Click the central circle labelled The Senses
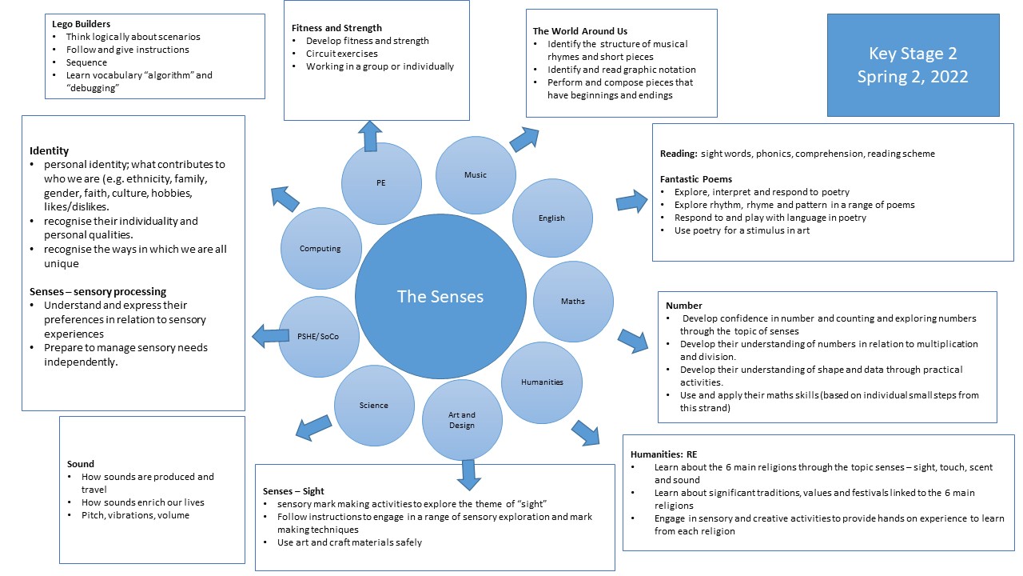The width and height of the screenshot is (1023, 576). tap(440, 297)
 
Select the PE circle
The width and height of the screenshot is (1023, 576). tap(381, 183)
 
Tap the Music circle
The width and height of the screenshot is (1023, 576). tap(475, 175)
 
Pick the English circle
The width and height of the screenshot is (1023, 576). tap(551, 218)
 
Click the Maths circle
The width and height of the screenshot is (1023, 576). tap(572, 302)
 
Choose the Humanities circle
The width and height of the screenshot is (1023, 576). tap(542, 382)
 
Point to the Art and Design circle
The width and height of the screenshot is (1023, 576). tap(462, 420)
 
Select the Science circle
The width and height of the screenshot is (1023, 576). tap(373, 406)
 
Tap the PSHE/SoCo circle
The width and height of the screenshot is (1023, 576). tap(318, 337)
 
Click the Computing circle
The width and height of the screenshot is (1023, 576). tap(320, 249)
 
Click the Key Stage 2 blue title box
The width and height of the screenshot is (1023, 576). tap(913, 66)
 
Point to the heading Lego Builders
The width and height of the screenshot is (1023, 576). tap(81, 24)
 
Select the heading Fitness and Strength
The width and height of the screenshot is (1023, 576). tap(336, 28)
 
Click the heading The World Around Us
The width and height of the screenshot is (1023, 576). tap(580, 31)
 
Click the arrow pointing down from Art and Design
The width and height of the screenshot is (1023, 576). tap(468, 474)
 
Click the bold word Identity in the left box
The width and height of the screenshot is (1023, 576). tap(50, 150)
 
